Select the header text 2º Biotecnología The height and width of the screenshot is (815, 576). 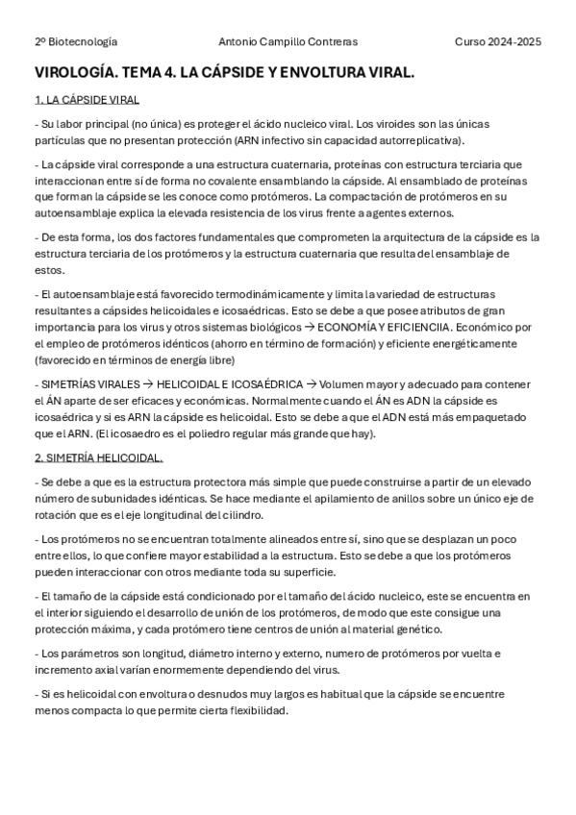pos(76,42)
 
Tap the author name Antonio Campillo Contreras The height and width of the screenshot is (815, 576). pos(288,42)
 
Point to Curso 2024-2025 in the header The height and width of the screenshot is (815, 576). pos(498,42)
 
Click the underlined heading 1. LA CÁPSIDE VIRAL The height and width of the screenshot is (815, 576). pos(86,99)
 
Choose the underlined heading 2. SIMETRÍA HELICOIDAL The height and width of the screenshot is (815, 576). pos(98,457)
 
